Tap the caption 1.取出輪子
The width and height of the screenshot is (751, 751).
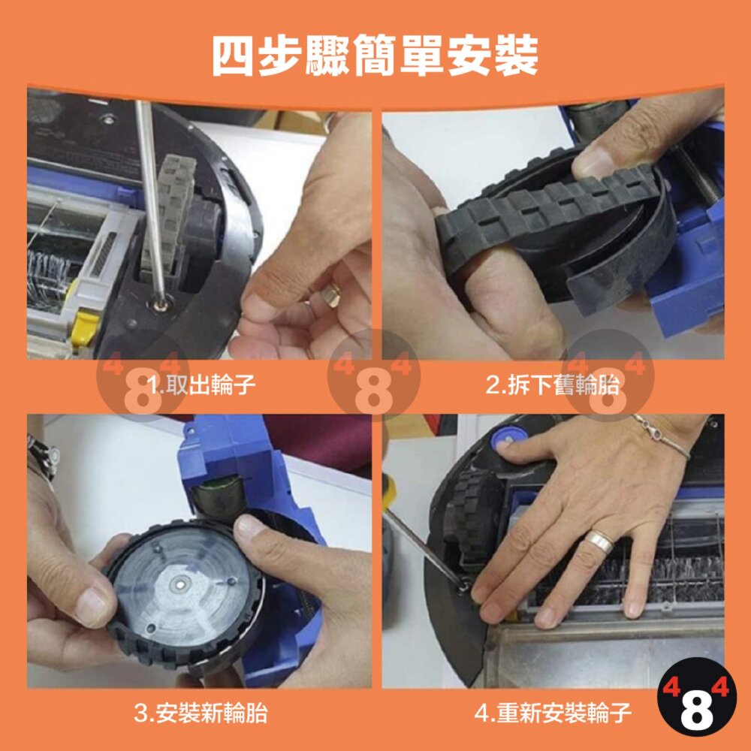(201, 385)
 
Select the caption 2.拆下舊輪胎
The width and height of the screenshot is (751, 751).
(552, 385)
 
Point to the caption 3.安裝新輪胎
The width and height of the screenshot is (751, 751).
(201, 713)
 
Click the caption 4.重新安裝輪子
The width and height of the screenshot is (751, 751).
(553, 713)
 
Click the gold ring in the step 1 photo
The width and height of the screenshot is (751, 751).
(331, 294)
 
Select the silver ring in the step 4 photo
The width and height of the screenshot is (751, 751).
(599, 541)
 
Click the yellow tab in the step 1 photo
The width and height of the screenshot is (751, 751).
(84, 327)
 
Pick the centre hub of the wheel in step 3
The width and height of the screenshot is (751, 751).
(181, 583)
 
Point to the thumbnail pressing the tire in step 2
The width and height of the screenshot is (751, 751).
(593, 162)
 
